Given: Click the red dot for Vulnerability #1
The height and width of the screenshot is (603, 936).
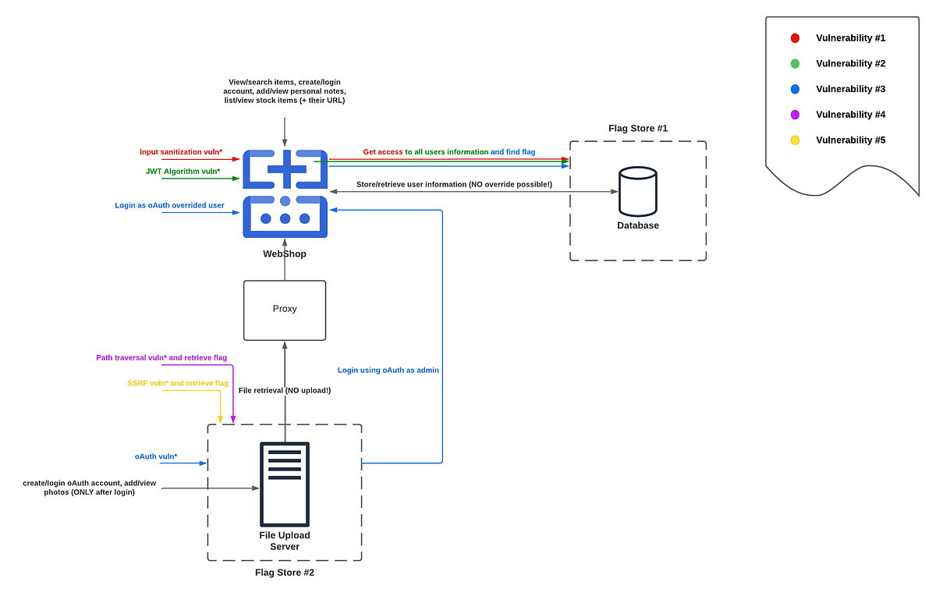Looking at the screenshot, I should pos(795,38).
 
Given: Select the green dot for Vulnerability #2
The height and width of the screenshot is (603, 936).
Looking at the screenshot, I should pos(795,64).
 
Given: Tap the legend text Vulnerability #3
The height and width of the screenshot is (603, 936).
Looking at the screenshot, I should pos(850,89).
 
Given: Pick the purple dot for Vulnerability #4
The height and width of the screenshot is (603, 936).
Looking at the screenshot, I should pos(795,115).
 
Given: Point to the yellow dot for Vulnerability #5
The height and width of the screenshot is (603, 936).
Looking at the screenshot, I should pos(795,140).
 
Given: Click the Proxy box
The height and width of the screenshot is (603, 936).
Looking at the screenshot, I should pos(285,310).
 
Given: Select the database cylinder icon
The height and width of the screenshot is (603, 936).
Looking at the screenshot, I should pos(637,191).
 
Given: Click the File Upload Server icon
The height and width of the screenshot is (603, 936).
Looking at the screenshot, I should pos(285,484).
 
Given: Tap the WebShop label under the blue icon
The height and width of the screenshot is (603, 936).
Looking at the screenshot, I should pos(285,254).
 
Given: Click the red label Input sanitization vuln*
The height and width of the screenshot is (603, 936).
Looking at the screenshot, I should pos(181,152).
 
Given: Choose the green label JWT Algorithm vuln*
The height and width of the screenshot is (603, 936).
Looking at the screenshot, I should pos(183,171).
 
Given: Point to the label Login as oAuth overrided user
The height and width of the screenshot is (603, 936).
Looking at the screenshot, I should pos(169,205).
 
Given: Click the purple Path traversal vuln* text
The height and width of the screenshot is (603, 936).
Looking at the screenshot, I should pos(161,357).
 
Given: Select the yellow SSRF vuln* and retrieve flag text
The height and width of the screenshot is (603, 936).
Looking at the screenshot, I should pos(178,383).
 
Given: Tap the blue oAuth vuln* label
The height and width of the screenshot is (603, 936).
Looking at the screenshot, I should pos(156,456).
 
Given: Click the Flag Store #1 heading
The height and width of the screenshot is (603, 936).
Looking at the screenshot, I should pos(637,128).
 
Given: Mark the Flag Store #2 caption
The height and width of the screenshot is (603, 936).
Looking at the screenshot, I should pos(285,573).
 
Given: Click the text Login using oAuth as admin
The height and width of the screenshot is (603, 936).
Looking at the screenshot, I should pos(388,370).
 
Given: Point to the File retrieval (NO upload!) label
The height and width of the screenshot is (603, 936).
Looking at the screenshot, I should pos(285,390).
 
